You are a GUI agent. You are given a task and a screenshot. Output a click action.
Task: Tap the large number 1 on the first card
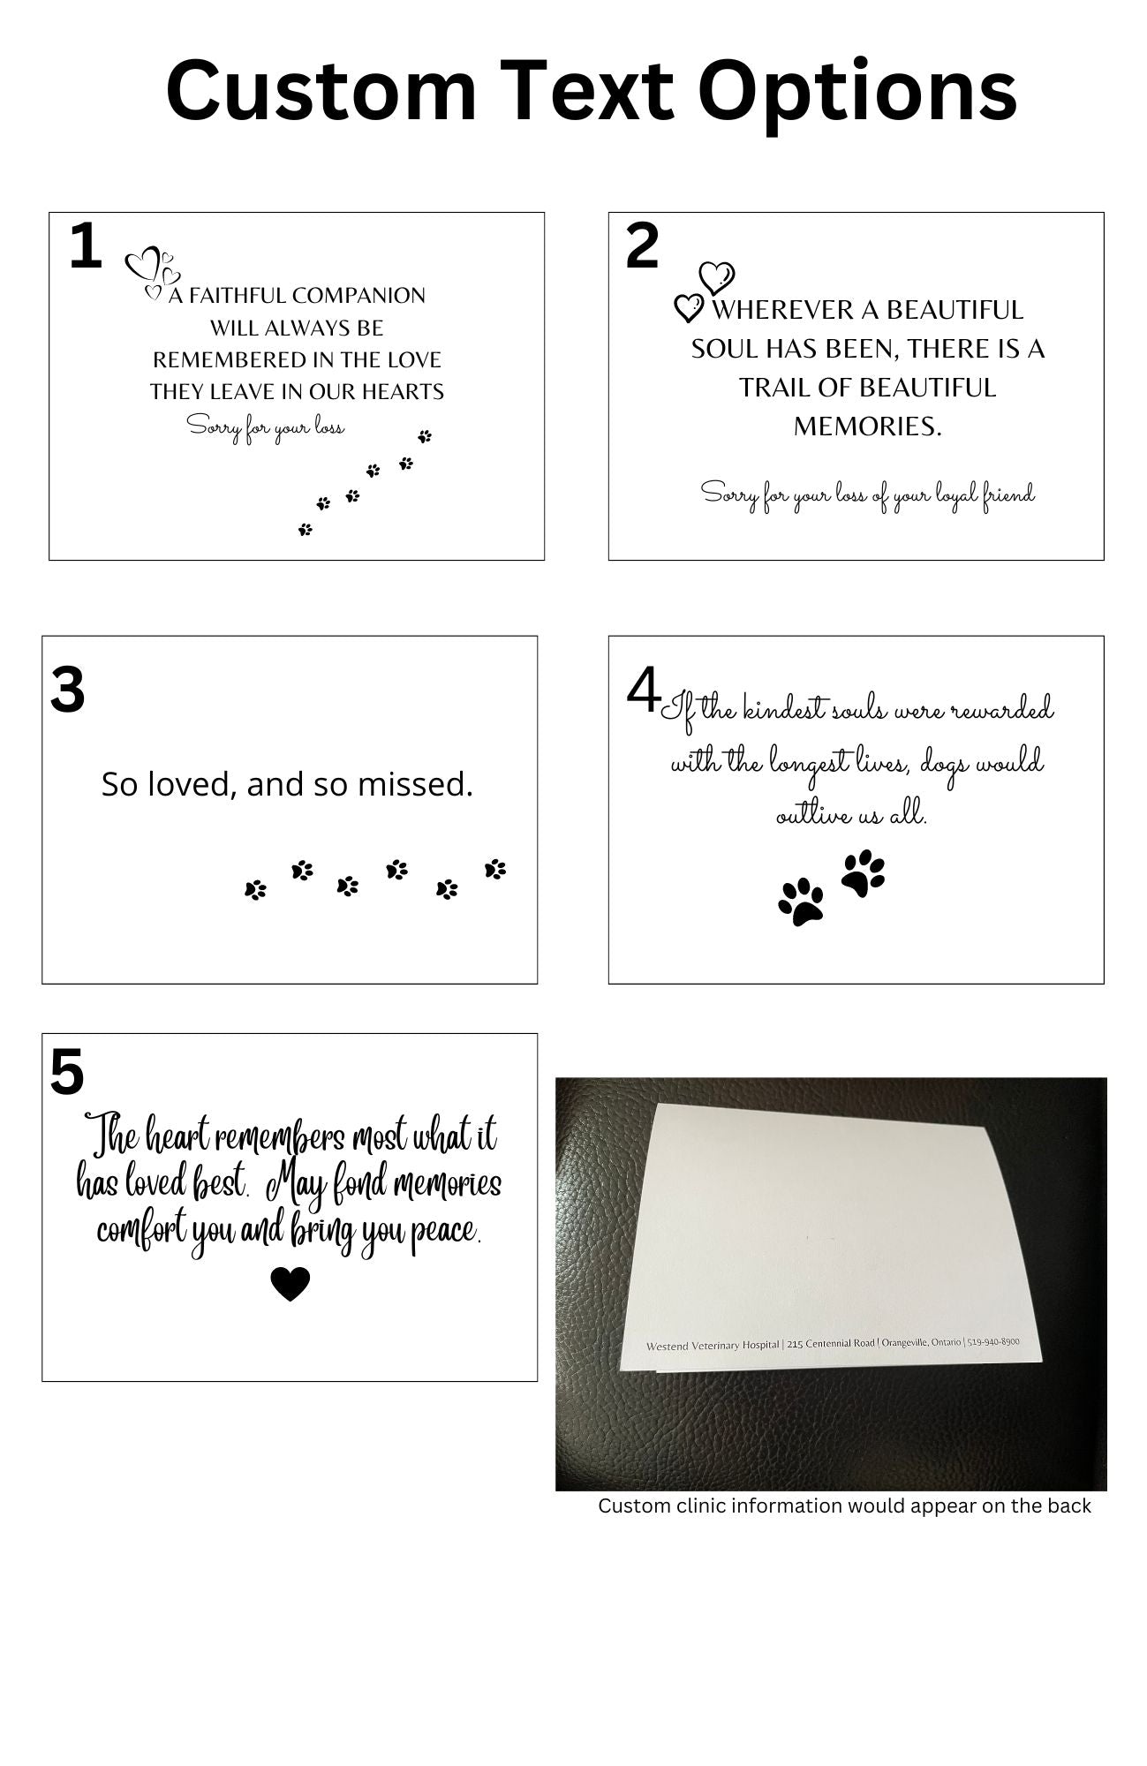coord(85,246)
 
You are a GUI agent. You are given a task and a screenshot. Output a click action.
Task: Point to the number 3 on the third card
coord(68,690)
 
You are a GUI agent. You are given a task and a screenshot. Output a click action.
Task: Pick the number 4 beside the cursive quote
coord(643,691)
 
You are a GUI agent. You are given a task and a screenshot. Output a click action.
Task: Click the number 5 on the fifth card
coord(67,1073)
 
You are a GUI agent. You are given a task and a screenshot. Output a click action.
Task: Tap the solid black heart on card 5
coord(290,1284)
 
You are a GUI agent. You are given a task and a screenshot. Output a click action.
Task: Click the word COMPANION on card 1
coord(358,296)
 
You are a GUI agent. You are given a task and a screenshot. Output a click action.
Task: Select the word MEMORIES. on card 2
coord(867,426)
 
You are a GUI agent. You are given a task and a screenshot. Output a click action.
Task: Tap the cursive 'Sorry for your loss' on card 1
coord(266,428)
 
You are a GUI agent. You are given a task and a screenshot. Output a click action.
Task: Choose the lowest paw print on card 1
coord(306,530)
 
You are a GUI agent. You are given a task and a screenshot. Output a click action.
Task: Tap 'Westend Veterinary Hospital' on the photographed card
coord(713,1346)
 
